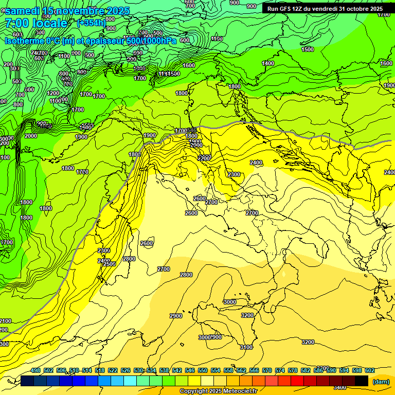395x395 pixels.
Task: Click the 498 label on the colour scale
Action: pyautogui.click(x=35, y=370)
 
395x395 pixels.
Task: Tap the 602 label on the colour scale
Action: pyautogui.click(x=370, y=370)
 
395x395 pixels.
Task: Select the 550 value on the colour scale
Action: pyautogui.click(x=203, y=370)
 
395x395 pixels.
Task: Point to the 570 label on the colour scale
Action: pyautogui.click(x=267, y=370)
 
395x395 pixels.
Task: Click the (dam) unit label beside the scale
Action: pyautogui.click(x=381, y=382)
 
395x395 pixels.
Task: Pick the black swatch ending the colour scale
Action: pyautogui.click(x=362, y=381)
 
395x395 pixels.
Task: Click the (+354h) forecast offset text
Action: pyautogui.click(x=92, y=23)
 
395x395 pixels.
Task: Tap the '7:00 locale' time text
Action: pyautogui.click(x=36, y=23)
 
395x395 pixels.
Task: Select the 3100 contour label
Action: pyautogui.click(x=246, y=347)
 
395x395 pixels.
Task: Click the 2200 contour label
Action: pyautogui.click(x=204, y=158)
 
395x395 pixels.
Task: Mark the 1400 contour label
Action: pyautogui.click(x=268, y=63)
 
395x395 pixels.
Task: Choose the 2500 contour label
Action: pyautogui.click(x=109, y=264)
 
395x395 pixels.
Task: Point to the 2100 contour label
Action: pyautogui.click(x=5, y=321)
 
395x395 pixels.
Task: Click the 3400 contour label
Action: pyautogui.click(x=339, y=387)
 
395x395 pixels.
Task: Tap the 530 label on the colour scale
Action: pyautogui.click(x=138, y=370)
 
